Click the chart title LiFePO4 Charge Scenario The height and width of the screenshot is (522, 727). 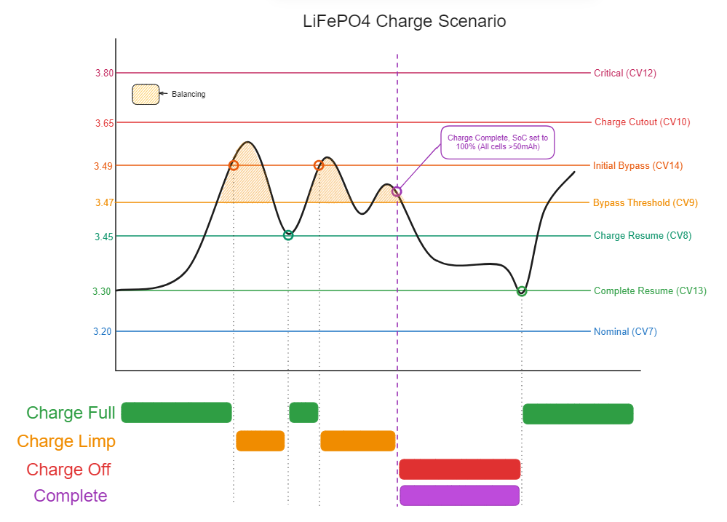404,21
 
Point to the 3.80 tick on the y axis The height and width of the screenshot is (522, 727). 104,73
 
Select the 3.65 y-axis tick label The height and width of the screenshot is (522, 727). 104,123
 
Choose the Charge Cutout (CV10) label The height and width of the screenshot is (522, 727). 632,122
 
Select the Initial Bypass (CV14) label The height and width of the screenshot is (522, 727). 637,166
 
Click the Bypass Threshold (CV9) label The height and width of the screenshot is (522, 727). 645,203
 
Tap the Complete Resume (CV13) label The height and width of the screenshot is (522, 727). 650,291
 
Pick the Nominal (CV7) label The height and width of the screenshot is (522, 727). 625,332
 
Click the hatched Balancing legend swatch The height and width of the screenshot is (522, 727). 146,95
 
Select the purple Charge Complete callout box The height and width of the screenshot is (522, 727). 497,142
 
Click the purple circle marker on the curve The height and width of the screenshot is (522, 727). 397,191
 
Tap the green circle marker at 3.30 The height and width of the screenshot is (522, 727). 522,291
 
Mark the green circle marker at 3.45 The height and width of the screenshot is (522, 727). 288,235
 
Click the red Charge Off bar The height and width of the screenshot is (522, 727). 460,470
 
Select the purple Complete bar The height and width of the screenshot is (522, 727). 459,496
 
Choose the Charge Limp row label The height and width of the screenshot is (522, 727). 66,441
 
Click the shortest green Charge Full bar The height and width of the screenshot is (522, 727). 303,413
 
